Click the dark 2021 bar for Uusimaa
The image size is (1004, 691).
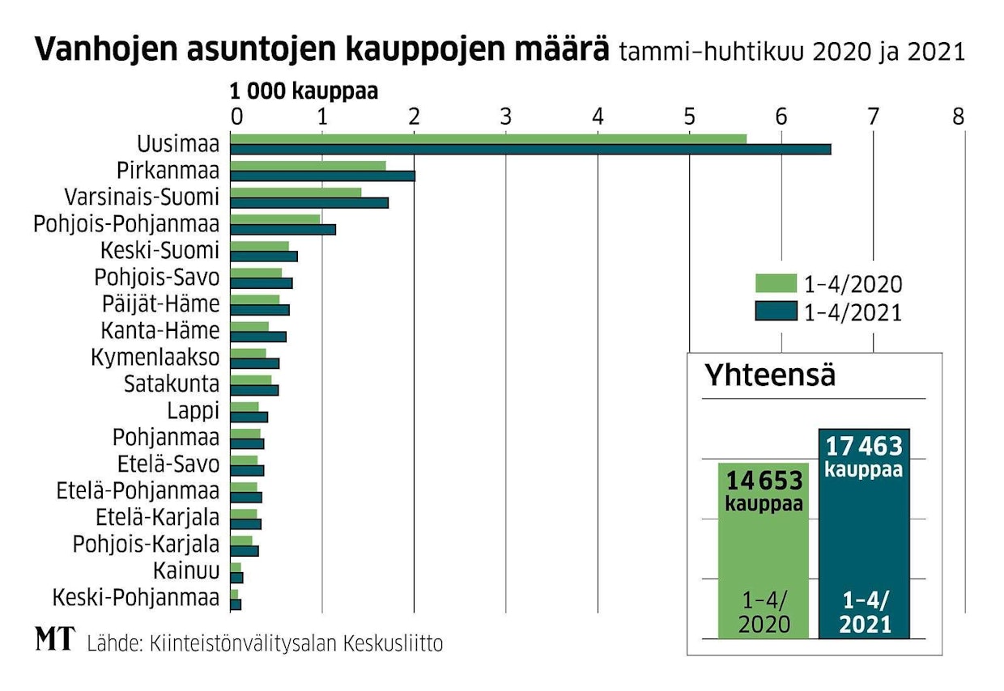[x=530, y=149]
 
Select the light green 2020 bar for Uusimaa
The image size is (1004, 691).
[x=488, y=139]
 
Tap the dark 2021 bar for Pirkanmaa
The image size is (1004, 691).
[x=322, y=176]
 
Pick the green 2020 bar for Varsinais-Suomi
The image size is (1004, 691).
[x=296, y=193]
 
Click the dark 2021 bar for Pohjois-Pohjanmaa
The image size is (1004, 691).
[x=283, y=229]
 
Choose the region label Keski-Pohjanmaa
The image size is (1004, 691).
[x=136, y=599]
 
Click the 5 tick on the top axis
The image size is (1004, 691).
[x=689, y=117]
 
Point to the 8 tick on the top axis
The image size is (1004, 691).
[x=959, y=117]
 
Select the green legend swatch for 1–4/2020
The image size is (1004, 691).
[x=776, y=283]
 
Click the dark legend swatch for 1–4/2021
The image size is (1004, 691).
[x=776, y=312]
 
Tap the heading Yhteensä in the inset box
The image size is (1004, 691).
[x=770, y=375]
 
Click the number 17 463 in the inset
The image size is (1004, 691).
[x=863, y=447]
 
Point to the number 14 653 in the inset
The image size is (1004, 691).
[x=764, y=481]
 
